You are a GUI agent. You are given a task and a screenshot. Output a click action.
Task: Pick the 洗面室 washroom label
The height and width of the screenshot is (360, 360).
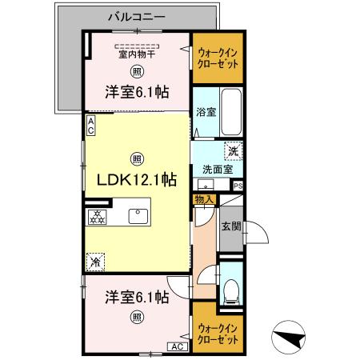[216, 170]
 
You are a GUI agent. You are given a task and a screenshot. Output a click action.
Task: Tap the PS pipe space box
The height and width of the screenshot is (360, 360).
[238, 186]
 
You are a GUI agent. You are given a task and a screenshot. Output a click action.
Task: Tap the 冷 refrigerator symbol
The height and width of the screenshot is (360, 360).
[96, 261]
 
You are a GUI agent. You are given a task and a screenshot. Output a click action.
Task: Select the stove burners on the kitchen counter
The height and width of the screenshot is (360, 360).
[96, 216]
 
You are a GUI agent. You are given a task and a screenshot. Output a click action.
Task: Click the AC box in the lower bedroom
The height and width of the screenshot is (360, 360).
[175, 346]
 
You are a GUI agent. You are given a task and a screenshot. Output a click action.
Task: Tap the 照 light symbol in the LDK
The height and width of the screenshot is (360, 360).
[137, 157]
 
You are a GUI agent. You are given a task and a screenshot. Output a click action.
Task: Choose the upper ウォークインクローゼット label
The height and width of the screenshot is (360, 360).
[217, 58]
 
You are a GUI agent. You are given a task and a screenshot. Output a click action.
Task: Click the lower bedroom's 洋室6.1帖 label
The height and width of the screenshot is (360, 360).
[137, 297]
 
